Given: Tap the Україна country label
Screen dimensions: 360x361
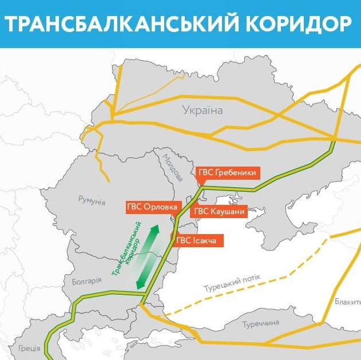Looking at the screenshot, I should point(202,110).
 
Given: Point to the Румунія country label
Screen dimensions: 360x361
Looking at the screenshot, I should point(92,200).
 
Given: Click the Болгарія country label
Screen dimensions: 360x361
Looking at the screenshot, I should point(86,281).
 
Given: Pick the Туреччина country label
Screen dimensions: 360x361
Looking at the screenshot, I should point(260,324).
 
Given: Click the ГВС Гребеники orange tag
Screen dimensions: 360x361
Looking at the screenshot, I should point(225,173).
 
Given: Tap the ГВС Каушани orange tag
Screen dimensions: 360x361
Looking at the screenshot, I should point(220,211).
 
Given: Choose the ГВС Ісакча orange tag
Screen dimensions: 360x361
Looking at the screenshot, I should point(196,240).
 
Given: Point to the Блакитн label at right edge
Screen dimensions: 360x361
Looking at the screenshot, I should point(347,301).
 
